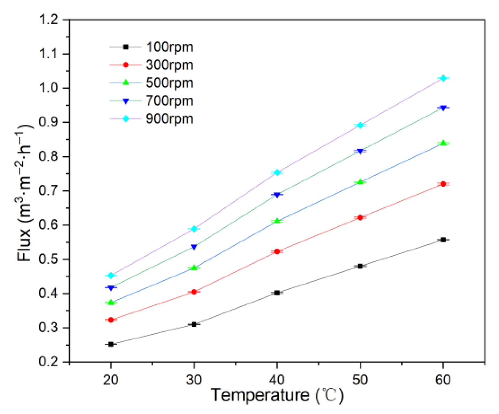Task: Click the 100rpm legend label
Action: coord(169,47)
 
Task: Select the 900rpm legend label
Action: coord(169,119)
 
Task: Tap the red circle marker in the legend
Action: coord(126,65)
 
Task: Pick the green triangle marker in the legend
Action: coord(126,83)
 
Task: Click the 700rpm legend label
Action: coord(169,101)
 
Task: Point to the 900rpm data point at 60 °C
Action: coord(443,78)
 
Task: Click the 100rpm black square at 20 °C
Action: coord(111,344)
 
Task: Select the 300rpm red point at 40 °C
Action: coord(277,251)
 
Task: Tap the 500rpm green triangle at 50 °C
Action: coord(360,181)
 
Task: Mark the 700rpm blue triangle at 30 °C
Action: coord(194,247)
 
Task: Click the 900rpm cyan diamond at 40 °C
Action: coord(277,172)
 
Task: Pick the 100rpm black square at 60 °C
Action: coord(443,240)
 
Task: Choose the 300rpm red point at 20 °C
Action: coord(111,320)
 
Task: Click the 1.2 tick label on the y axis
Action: coord(49,20)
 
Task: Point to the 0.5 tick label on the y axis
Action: coord(49,260)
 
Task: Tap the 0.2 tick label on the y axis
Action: coord(49,362)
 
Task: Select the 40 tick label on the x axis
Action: coord(277,380)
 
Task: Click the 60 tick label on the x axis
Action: coord(443,380)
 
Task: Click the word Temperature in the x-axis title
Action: coord(260,395)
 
